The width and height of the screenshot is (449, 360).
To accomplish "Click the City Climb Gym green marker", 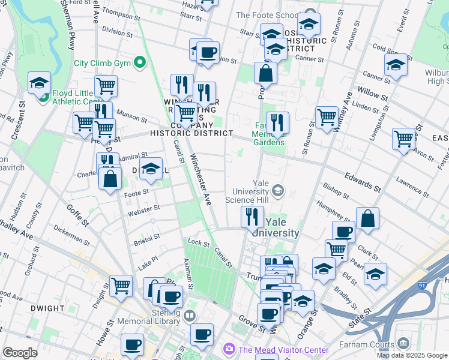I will click(140, 62).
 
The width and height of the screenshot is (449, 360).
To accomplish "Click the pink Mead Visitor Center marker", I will click(229, 349).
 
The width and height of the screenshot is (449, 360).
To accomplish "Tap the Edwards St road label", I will click(363, 180).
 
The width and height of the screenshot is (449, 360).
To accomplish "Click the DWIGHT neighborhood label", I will click(46, 308).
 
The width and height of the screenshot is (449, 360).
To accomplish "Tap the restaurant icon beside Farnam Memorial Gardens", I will click(277, 122).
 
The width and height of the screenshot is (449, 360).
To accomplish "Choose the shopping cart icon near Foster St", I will click(404, 139).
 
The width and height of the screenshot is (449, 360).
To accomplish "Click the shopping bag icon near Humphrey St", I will click(367, 218).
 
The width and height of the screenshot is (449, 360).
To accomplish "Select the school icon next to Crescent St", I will click(39, 83).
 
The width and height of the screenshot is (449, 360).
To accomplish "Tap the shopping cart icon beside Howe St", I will click(121, 285).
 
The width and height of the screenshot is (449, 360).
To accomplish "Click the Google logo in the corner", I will click(20, 353).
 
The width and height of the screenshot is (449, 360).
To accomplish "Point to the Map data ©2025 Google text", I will click(412, 355).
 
